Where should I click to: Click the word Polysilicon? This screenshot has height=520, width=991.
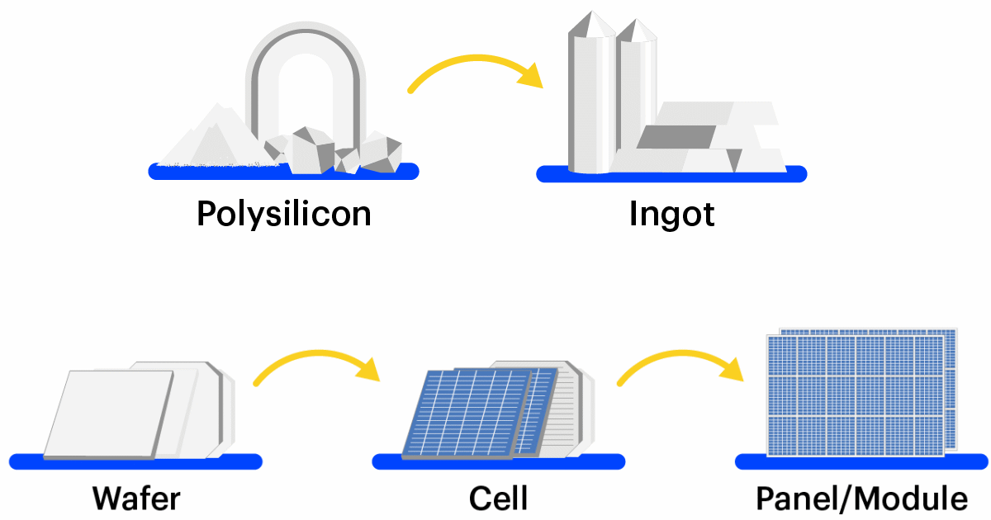pos(283,215)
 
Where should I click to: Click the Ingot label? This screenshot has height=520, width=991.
pos(671,215)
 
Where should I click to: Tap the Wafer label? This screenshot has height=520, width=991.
pos(136,499)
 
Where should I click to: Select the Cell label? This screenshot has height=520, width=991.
pos(498,499)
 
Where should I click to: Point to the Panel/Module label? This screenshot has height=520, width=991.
pos(861,499)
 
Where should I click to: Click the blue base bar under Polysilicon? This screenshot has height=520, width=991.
pos(283,172)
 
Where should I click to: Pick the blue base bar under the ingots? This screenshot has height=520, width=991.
pos(671,174)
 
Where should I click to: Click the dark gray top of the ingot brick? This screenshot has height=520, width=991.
pos(676,137)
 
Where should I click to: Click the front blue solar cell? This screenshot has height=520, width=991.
pos(467,413)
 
